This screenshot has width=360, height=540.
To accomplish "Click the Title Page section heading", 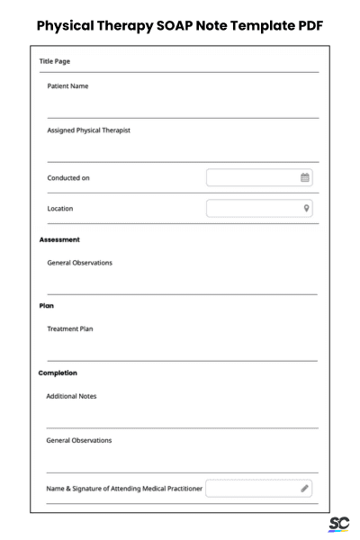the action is (56, 62).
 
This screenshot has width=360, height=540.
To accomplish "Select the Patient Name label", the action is (68, 86).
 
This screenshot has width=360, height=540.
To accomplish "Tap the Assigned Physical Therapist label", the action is (88, 130).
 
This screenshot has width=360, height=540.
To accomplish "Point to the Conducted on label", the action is (68, 178).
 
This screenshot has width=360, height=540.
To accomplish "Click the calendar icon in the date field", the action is (305, 177).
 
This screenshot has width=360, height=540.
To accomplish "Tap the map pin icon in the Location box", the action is (306, 208).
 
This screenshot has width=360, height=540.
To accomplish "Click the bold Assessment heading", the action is (59, 239).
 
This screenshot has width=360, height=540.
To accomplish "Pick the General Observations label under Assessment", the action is (79, 263).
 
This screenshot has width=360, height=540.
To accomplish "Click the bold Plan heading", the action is (47, 305).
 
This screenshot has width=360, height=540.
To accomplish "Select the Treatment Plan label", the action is (69, 328).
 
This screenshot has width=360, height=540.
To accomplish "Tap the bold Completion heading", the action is (58, 373).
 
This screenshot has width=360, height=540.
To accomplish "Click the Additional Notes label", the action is (71, 396).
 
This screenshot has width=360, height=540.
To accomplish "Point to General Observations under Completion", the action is (79, 440).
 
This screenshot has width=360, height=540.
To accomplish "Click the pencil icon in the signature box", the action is (305, 489).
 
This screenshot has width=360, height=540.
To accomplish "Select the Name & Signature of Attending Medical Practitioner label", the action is (124, 489).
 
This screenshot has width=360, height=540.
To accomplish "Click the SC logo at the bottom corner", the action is (339, 524).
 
